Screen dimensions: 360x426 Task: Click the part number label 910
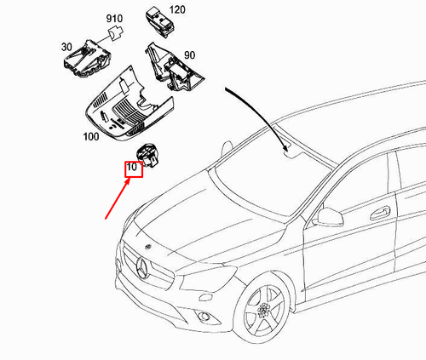coord(114,18)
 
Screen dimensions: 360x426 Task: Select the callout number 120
coord(176,9)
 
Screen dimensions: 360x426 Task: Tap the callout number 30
coord(65,48)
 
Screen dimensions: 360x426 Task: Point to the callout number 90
coord(189,55)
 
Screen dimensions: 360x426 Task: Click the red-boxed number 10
coord(132,169)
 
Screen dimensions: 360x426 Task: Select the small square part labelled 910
coord(114,35)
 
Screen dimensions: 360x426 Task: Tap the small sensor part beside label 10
coord(150,152)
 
